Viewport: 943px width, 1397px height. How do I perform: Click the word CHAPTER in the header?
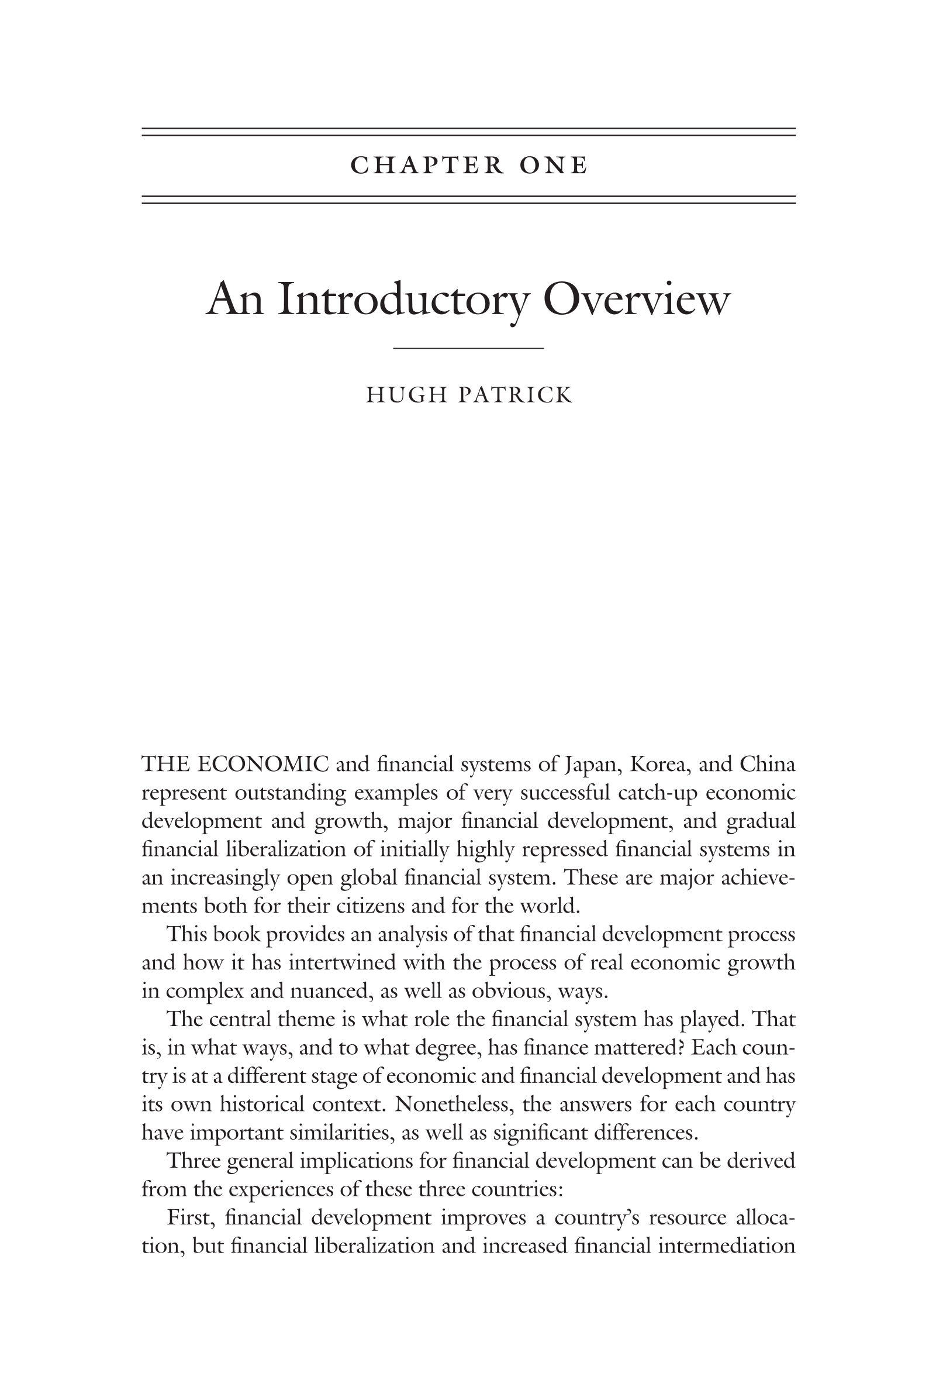[x=427, y=166]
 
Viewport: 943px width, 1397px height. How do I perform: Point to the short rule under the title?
[x=468, y=348]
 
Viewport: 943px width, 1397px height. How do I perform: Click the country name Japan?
[x=592, y=765]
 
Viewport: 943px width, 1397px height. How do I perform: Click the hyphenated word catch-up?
[x=650, y=793]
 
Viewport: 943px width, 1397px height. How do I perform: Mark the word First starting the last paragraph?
[x=190, y=1217]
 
